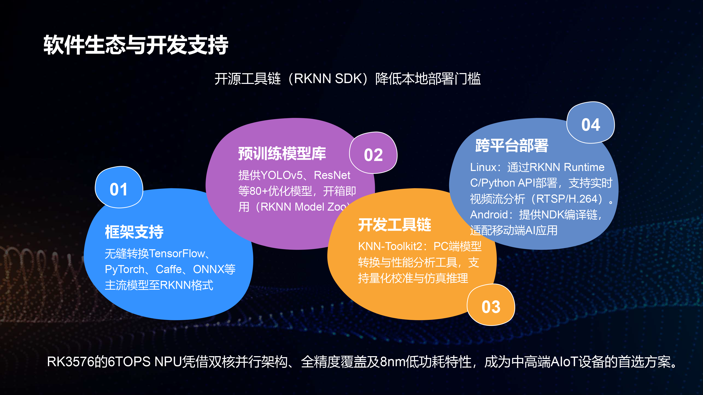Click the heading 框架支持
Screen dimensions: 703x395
[134, 232]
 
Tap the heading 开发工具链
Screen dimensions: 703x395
[395, 225]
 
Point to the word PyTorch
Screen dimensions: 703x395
[124, 269]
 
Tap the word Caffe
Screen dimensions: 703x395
[169, 269]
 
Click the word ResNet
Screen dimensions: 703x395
[332, 175]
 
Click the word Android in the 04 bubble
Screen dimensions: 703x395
[489, 215]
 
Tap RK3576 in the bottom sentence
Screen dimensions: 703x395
[70, 362]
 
